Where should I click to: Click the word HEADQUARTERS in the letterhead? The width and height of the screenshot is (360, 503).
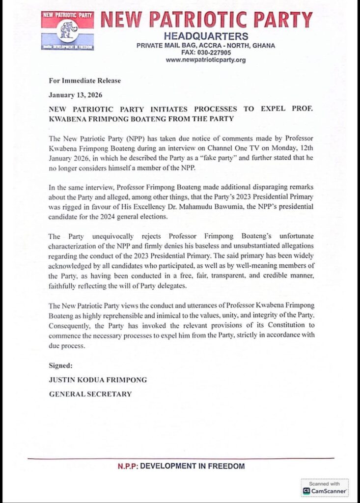(206, 36)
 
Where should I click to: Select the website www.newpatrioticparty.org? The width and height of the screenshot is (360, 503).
(206, 60)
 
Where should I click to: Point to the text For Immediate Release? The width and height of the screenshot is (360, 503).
(84, 81)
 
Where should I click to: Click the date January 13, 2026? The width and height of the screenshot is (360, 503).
(76, 94)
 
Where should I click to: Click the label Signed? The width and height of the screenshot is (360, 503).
(61, 365)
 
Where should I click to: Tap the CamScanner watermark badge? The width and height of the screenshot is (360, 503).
(325, 488)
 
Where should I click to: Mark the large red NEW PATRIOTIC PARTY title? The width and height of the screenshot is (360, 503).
(207, 19)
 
